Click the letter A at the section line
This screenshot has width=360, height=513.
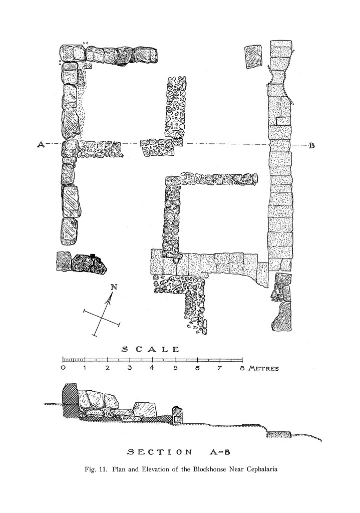point(41,144)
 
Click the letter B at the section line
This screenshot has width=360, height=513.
point(311,146)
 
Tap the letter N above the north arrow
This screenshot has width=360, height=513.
point(114,287)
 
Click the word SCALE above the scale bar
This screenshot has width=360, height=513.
point(150,349)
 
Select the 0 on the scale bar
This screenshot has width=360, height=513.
point(63,368)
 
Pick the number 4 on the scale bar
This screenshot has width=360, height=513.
point(152,367)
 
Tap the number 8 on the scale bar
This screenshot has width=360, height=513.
point(242,368)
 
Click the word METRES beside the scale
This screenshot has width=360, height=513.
point(263,368)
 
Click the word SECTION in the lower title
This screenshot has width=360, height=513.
point(160,452)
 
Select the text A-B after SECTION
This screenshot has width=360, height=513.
point(219,452)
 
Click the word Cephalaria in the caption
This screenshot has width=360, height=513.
point(261,469)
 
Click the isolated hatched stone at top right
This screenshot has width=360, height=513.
point(253,56)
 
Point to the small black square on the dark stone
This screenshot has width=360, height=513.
point(93,256)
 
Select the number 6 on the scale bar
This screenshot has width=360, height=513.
point(197,368)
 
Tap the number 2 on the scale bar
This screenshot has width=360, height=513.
point(107,368)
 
